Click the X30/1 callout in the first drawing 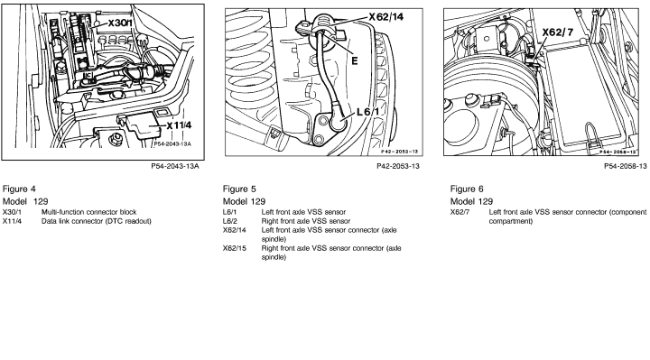(120, 23)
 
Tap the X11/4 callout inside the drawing (180, 125)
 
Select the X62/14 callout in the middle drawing (386, 17)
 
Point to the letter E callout (355, 60)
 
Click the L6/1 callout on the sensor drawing (367, 112)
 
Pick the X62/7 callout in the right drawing (558, 32)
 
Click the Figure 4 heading (19, 189)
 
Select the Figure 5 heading (239, 189)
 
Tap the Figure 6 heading (467, 189)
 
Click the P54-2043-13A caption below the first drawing (175, 166)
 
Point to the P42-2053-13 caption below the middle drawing (398, 166)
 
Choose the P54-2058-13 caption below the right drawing (625, 166)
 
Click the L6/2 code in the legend (230, 221)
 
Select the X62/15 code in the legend (234, 248)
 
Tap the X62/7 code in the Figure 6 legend (460, 212)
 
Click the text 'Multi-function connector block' (88, 212)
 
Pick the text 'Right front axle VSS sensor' (305, 221)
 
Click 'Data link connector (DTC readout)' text (97, 221)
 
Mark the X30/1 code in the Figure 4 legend (12, 212)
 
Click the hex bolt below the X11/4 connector (116, 139)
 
